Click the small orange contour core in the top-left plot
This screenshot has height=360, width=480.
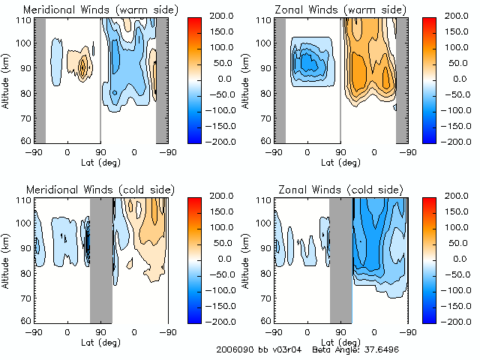click(83, 67)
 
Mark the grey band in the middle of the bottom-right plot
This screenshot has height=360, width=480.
click(341, 259)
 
